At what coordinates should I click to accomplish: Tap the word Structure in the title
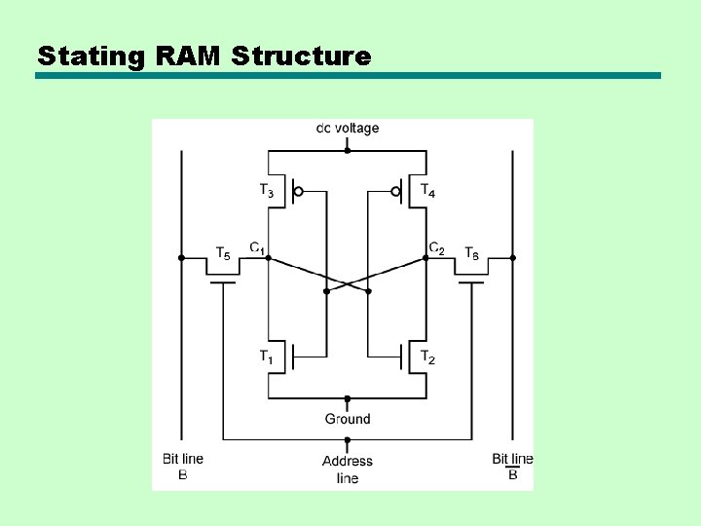(x=302, y=56)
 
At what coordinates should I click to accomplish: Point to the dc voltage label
(x=348, y=128)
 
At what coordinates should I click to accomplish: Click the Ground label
(x=348, y=419)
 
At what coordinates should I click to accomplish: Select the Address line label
(x=348, y=469)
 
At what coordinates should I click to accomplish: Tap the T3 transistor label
(x=266, y=191)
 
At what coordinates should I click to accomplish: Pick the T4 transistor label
(x=428, y=191)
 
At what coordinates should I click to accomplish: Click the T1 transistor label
(x=266, y=357)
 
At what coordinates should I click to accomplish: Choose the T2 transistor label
(x=428, y=357)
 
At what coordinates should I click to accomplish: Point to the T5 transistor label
(x=223, y=254)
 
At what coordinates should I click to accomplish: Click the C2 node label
(x=437, y=248)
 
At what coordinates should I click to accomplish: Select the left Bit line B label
(x=182, y=466)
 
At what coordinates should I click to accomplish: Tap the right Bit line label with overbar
(x=512, y=466)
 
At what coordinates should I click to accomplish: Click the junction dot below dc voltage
(x=348, y=151)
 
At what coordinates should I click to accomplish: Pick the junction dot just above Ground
(x=348, y=398)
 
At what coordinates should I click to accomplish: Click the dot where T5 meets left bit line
(x=181, y=258)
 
